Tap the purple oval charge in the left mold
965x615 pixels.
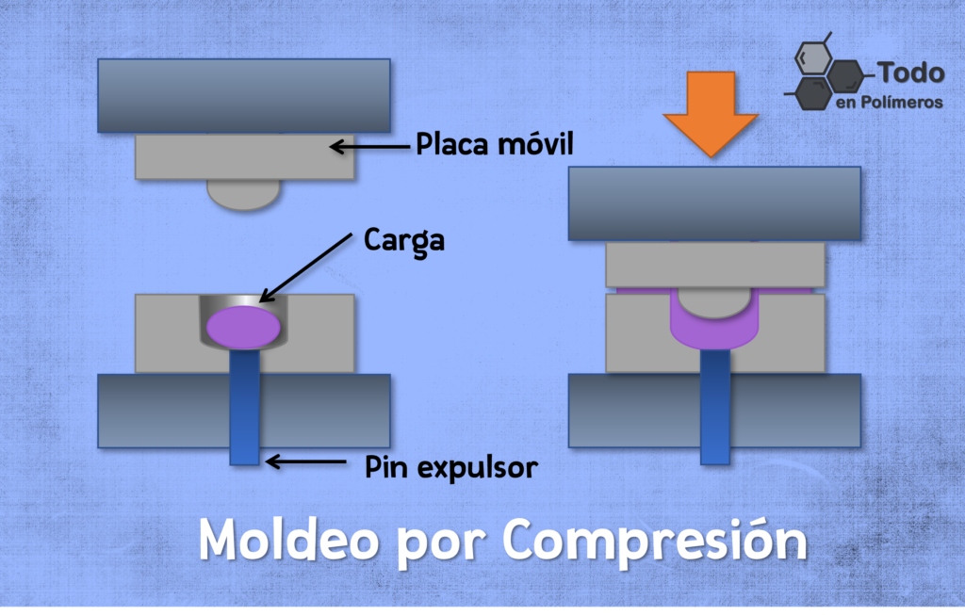tap(244, 327)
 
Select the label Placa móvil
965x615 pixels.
tap(494, 144)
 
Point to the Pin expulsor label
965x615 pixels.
tap(451, 467)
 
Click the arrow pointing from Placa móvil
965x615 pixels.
tap(369, 146)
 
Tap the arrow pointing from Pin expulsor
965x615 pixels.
tap(305, 461)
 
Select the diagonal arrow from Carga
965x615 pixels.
tap(306, 267)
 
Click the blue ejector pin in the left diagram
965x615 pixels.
tap(244, 407)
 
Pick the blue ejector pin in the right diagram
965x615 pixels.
tap(715, 407)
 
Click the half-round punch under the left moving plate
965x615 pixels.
tap(244, 194)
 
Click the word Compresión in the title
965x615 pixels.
tap(655, 541)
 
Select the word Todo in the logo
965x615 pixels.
tap(911, 73)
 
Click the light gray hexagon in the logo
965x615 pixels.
tap(813, 58)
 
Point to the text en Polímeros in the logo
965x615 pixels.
tap(890, 102)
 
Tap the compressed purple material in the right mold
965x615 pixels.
tap(714, 326)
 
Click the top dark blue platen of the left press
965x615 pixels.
tap(244, 95)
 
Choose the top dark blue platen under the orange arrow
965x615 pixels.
tap(714, 202)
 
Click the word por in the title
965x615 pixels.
tap(441, 543)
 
